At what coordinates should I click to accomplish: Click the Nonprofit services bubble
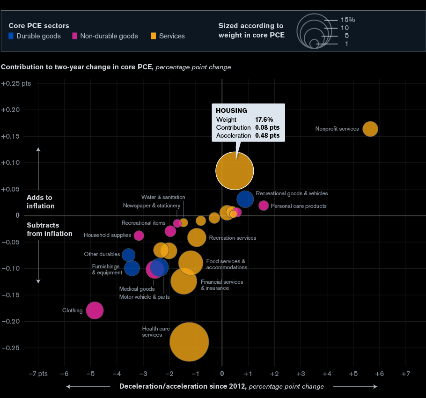pyautogui.click(x=370, y=129)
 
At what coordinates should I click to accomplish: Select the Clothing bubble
pyautogui.click(x=95, y=310)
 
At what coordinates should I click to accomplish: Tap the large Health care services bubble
pyautogui.click(x=189, y=342)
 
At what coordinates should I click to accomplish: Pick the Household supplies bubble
pyautogui.click(x=139, y=236)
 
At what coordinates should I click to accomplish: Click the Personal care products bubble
pyautogui.click(x=264, y=206)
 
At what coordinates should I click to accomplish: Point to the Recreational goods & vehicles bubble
pyautogui.click(x=245, y=199)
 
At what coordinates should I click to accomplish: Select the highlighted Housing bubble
pyautogui.click(x=235, y=170)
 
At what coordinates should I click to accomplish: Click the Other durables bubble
pyautogui.click(x=128, y=255)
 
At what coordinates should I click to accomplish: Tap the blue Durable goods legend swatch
pyautogui.click(x=12, y=36)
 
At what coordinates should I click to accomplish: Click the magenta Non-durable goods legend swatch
pyautogui.click(x=75, y=36)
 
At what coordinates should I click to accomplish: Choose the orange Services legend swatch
pyautogui.click(x=153, y=36)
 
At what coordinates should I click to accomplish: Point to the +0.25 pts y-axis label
pyautogui.click(x=16, y=83)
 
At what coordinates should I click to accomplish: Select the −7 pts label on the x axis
pyautogui.click(x=38, y=374)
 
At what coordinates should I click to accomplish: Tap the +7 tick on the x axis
pyautogui.click(x=405, y=374)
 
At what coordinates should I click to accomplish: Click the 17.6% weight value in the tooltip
pyautogui.click(x=264, y=119)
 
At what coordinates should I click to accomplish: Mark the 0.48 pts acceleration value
pyautogui.click(x=267, y=135)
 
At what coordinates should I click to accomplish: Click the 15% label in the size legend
pyautogui.click(x=348, y=20)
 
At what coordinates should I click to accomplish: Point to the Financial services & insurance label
pyautogui.click(x=221, y=285)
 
